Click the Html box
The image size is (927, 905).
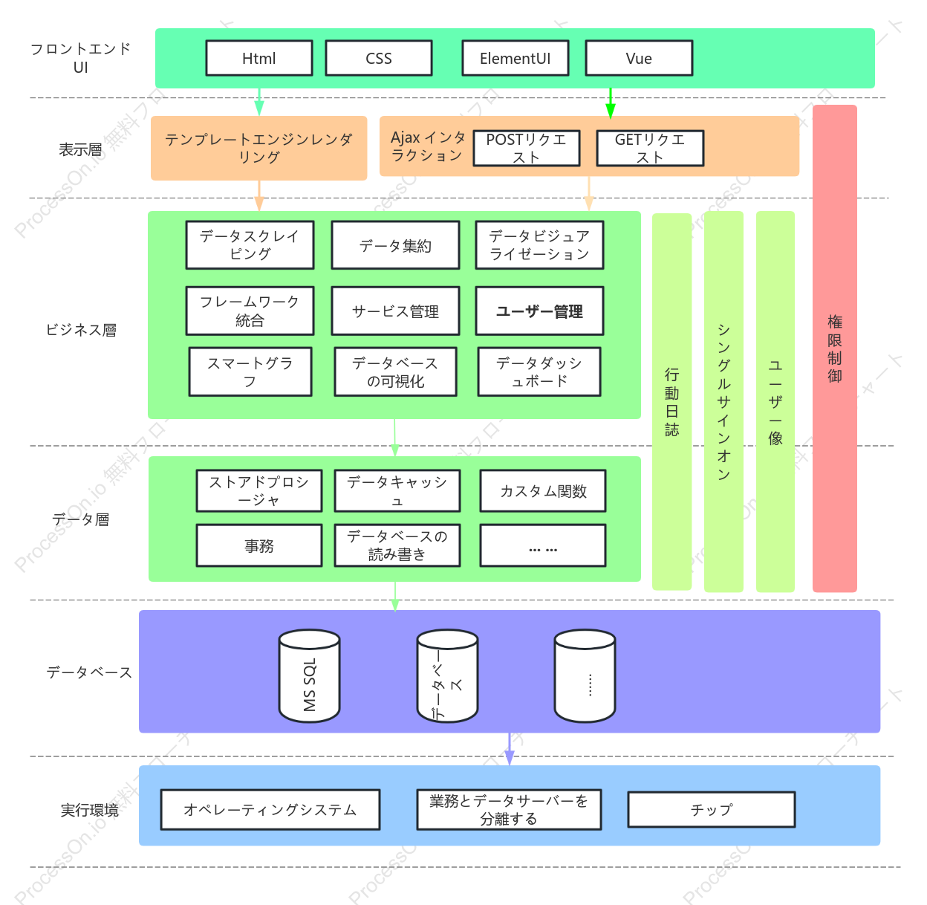tap(259, 58)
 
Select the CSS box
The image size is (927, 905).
tap(379, 58)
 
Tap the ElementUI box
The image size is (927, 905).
tap(515, 58)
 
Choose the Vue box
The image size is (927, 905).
tap(639, 58)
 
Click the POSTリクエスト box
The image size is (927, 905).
tap(527, 148)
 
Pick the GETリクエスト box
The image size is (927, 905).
tap(650, 148)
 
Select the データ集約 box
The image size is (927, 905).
tap(395, 245)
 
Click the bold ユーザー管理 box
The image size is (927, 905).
tap(539, 311)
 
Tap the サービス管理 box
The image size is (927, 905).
tap(395, 311)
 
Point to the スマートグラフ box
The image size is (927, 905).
tap(250, 372)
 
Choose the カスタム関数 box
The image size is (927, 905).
tap(542, 491)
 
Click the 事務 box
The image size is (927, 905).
tap(259, 545)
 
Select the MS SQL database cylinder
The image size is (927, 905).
tap(309, 675)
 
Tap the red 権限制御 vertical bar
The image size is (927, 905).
tap(835, 348)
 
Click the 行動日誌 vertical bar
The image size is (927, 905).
tap(671, 402)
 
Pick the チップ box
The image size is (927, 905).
tap(711, 810)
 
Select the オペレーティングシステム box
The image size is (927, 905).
tap(270, 810)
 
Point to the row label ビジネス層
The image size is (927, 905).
tap(81, 330)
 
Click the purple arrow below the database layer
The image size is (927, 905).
tap(510, 749)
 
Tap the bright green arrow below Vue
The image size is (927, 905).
tap(611, 103)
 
